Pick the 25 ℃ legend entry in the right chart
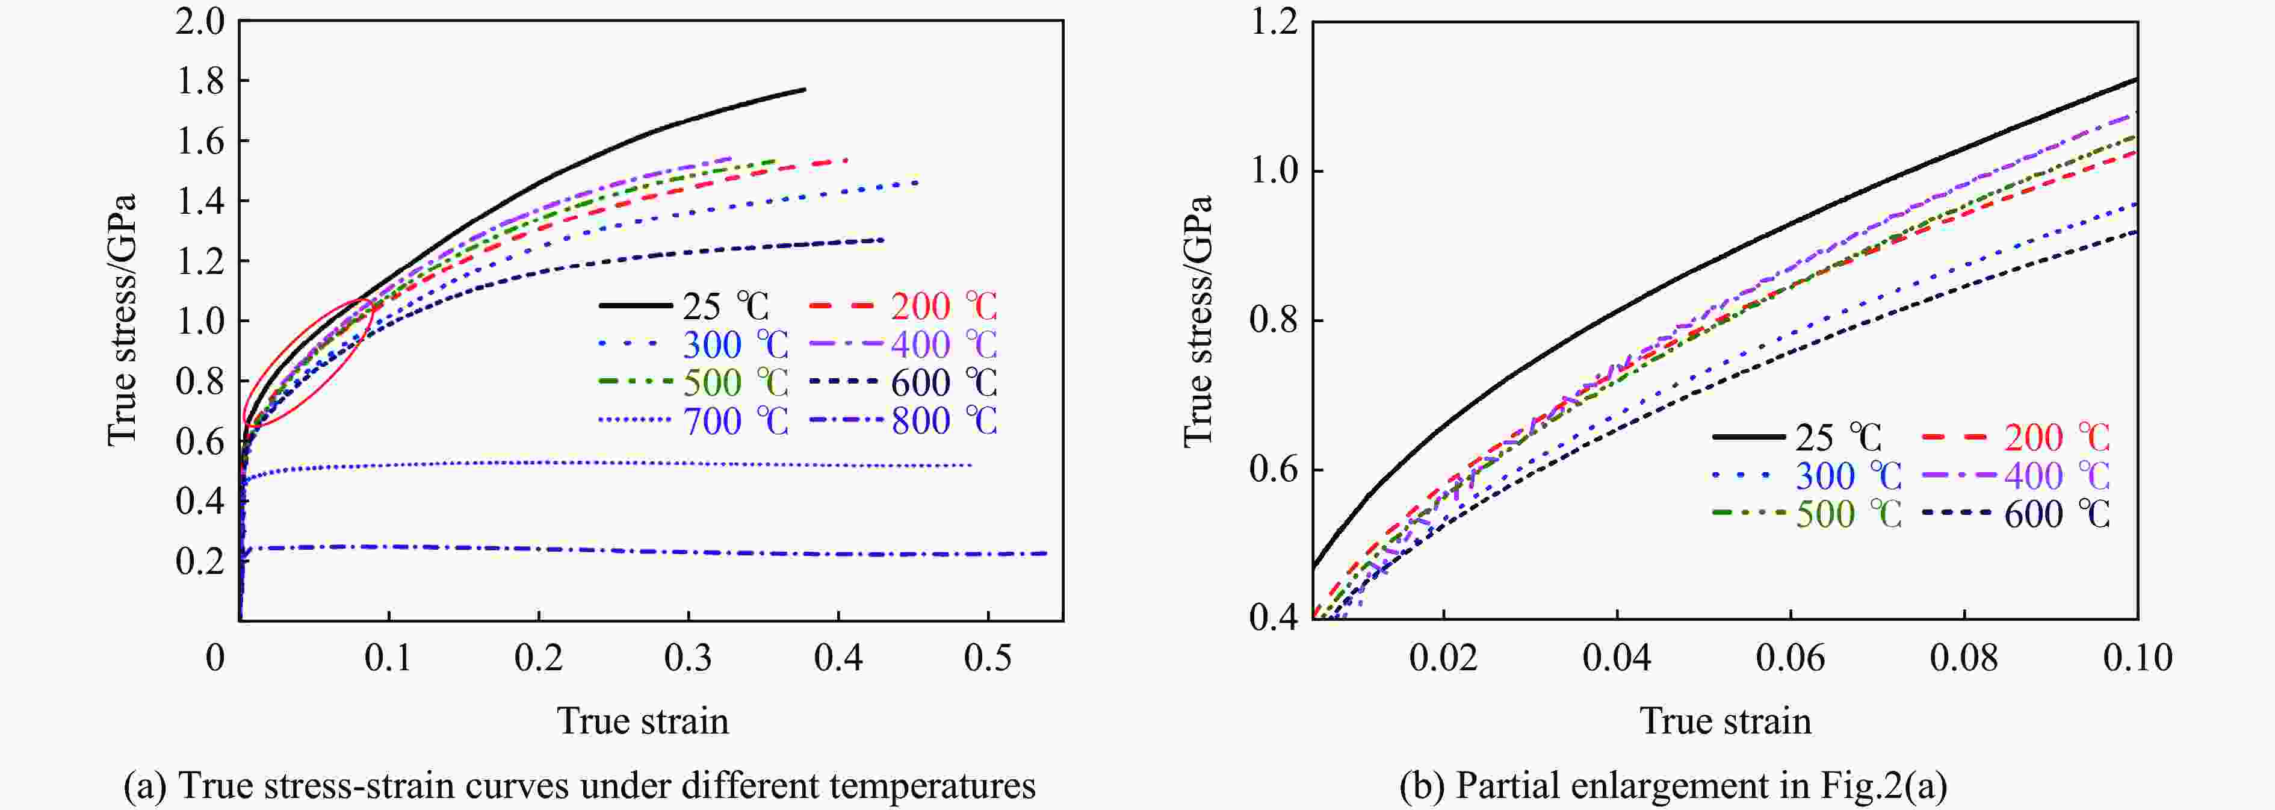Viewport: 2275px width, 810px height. coord(1837,437)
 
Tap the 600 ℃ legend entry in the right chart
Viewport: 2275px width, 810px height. coord(2056,514)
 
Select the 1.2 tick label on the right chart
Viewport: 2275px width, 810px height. coord(1274,22)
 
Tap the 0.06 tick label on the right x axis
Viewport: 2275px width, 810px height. coord(1789,658)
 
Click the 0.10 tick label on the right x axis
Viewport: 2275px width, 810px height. coord(2137,658)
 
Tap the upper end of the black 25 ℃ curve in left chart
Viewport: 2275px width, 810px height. coord(803,89)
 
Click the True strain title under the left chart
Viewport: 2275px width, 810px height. coord(643,721)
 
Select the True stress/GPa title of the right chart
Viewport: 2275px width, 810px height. coord(1198,320)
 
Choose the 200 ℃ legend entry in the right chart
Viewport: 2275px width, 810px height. coord(2056,437)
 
